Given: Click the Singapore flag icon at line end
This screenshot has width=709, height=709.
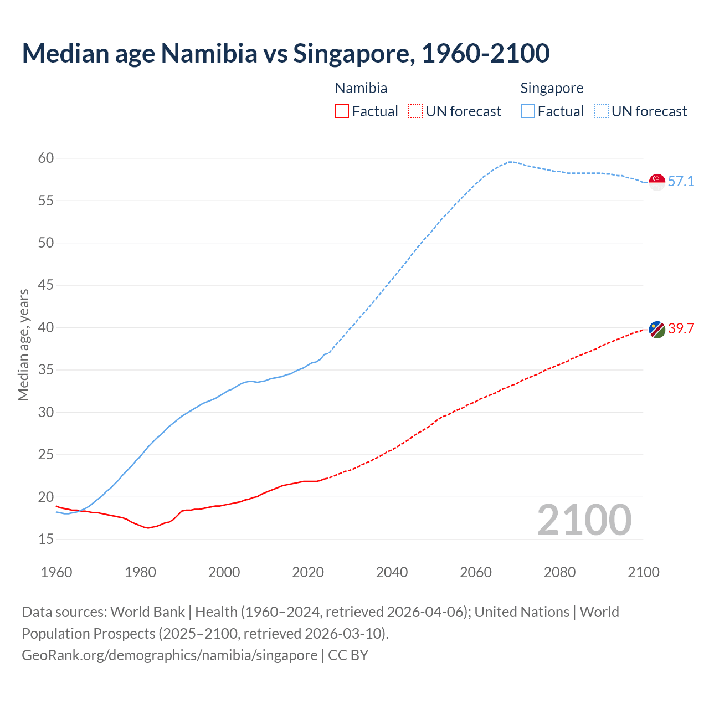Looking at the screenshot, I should click(x=657, y=182).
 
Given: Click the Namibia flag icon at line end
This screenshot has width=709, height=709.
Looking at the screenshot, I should click(x=657, y=329).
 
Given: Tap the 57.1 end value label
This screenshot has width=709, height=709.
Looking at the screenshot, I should click(x=681, y=182).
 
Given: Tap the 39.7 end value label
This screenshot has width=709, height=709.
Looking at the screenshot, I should click(x=681, y=329).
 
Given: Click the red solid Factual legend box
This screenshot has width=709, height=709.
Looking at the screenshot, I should click(x=342, y=111).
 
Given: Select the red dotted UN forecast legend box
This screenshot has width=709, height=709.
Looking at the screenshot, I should click(x=415, y=111).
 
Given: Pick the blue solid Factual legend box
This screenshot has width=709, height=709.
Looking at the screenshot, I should click(x=527, y=111).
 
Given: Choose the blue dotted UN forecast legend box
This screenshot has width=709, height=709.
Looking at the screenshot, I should click(x=601, y=111).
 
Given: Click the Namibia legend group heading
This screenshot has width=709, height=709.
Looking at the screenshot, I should click(x=361, y=88).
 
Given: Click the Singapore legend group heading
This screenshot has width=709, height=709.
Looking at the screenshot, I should click(x=552, y=88).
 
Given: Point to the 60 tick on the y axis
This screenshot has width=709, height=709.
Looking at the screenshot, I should click(x=46, y=158).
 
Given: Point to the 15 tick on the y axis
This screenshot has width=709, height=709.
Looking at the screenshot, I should click(x=46, y=539).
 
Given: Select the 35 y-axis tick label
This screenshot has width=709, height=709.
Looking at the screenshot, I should click(x=46, y=370).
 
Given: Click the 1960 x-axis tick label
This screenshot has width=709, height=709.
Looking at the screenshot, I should click(x=56, y=572).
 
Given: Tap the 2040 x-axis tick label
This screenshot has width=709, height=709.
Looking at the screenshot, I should click(x=392, y=572).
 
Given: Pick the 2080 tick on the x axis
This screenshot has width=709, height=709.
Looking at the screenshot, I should click(x=559, y=572).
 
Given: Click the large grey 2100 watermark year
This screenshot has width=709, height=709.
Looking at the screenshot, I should click(x=584, y=520).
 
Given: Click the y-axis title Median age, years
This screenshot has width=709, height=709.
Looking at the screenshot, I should click(x=23, y=345).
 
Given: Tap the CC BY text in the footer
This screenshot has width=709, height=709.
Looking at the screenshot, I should click(x=348, y=655).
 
